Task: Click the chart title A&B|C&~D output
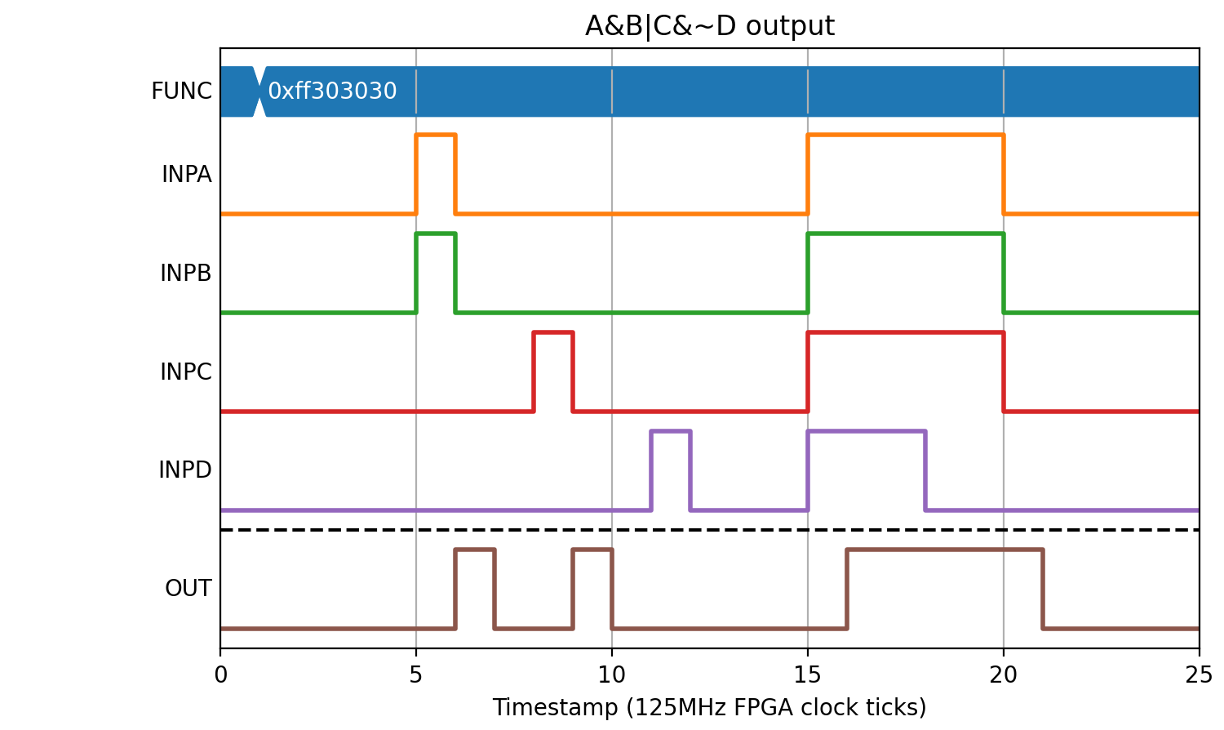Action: coord(709,26)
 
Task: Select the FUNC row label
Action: coord(181,91)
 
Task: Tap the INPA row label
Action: coord(186,175)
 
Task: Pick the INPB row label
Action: coord(186,273)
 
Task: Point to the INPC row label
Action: coord(186,372)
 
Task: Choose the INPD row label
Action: coord(185,470)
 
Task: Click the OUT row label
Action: coord(188,589)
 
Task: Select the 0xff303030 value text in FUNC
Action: coord(332,91)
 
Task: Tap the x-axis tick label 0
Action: coord(221,676)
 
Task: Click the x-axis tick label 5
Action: coord(416,676)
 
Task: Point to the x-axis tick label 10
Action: coord(611,676)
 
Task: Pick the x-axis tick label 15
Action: coord(808,676)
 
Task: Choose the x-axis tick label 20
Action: coord(1003,676)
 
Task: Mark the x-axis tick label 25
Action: coord(1199,676)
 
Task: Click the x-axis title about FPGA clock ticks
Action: coord(709,708)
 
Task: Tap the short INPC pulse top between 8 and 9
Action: coord(553,332)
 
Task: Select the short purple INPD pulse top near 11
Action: coord(671,431)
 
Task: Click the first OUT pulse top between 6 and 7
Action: coord(475,550)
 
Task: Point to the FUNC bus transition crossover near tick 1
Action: coord(259,91)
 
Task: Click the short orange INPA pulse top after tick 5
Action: coord(436,135)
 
